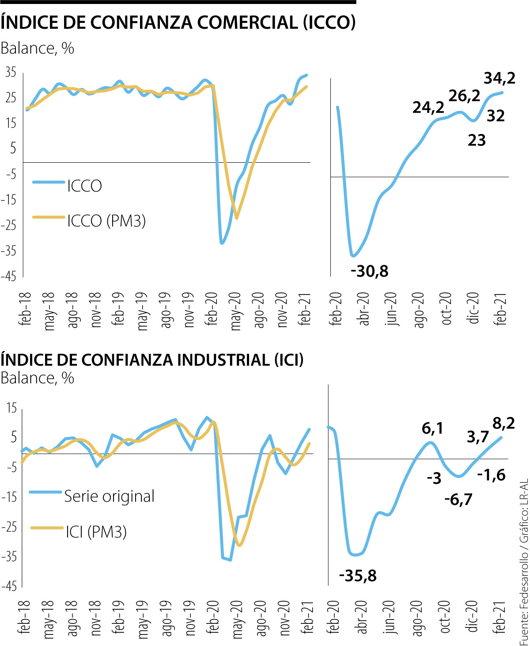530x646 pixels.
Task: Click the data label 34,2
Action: coord(500,78)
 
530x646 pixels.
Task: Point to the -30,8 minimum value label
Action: coord(369,271)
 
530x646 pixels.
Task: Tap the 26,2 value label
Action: coord(464,96)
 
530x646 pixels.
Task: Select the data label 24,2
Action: coord(428,107)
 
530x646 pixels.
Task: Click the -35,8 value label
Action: coord(358,576)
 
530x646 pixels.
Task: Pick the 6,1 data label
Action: coord(432,428)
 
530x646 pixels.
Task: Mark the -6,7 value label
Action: coord(458,500)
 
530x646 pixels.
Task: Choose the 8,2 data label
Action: coord(503,424)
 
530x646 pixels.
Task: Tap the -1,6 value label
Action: coord(491,475)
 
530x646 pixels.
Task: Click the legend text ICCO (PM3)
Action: coord(106,221)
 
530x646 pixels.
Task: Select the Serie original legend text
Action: coord(110,496)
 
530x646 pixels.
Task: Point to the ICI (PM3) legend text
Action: coord(96,531)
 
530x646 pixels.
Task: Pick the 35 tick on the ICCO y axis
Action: coord(11,72)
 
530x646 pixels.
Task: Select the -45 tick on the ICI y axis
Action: coord(9,586)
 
